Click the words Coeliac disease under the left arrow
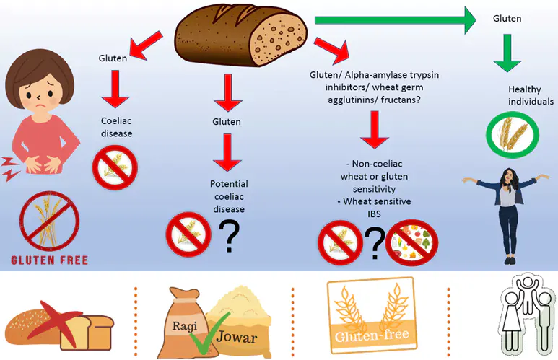point(116,127)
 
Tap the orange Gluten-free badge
point(370,317)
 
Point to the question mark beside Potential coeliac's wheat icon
point(230,237)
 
